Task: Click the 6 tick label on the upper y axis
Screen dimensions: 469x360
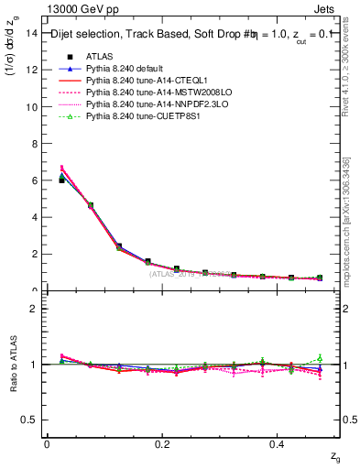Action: [33, 180]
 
